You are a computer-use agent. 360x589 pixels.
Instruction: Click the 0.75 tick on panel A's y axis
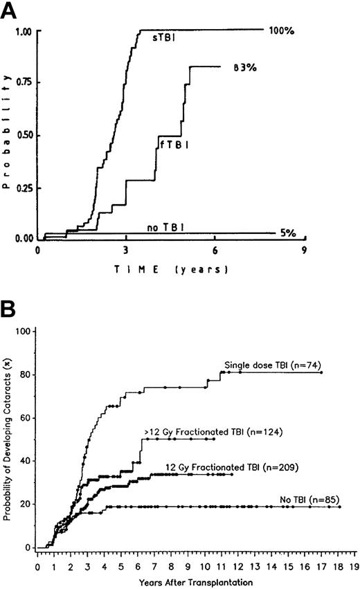(x=25, y=83)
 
